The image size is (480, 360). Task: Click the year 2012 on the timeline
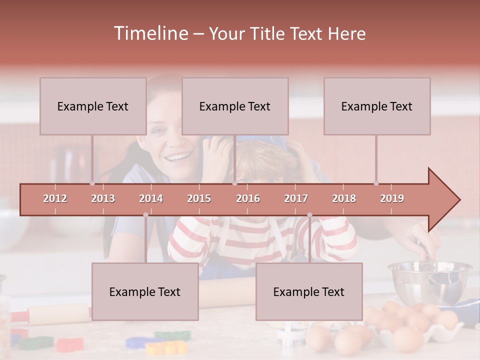(55, 198)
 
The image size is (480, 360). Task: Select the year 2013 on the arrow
(103, 198)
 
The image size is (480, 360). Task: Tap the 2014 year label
(151, 198)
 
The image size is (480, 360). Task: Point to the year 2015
(199, 198)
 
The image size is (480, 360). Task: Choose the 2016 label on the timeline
(248, 198)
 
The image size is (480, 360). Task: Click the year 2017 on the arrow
(296, 198)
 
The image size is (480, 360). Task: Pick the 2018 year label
(344, 198)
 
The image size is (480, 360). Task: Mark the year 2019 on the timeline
(392, 198)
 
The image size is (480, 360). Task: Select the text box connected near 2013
(93, 106)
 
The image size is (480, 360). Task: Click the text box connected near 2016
(235, 106)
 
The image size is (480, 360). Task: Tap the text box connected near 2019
(377, 106)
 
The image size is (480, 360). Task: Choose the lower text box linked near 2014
(145, 291)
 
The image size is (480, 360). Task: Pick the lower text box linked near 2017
(309, 291)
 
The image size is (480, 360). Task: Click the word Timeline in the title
(149, 33)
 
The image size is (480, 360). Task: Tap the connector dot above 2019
(376, 183)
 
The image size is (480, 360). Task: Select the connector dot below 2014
(145, 215)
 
